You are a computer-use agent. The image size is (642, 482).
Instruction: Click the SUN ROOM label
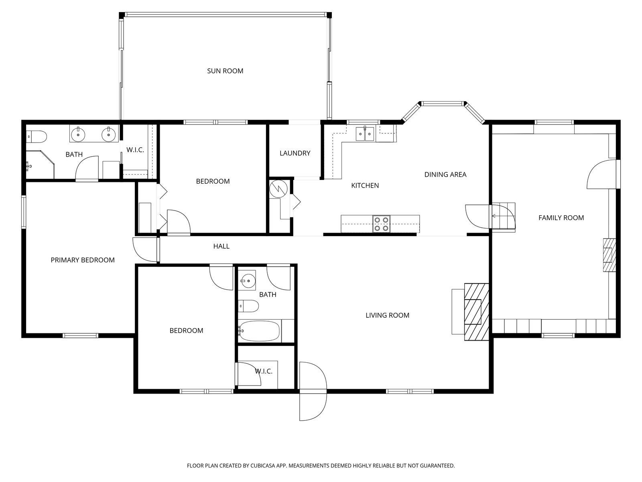(225, 71)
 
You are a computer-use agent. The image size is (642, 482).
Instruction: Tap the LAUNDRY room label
(295, 153)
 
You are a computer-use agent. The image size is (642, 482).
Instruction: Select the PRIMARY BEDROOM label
(83, 260)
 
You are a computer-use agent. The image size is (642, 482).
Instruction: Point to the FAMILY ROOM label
(561, 218)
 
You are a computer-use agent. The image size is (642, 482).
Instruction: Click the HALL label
(221, 246)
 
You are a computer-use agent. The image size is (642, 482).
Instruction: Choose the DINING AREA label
(445, 175)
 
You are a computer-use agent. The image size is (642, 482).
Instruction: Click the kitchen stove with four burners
(382, 224)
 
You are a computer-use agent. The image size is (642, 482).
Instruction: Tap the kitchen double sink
(365, 134)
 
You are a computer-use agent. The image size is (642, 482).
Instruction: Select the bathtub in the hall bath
(259, 331)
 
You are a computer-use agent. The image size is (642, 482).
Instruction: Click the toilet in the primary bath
(37, 137)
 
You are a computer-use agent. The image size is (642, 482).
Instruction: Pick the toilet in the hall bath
(248, 306)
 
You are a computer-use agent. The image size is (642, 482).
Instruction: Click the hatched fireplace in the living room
(476, 312)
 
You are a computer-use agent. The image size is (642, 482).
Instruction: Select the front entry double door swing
(313, 391)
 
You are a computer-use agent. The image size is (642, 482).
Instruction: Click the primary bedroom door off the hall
(145, 249)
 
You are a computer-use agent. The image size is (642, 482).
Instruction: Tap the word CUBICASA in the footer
(262, 465)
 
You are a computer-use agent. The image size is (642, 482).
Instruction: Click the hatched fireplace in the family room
(609, 255)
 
